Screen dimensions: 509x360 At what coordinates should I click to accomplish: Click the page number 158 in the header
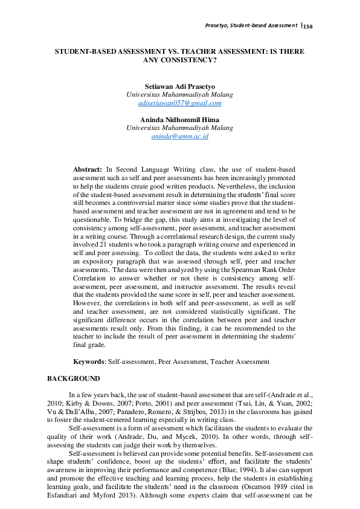(x=309, y=26)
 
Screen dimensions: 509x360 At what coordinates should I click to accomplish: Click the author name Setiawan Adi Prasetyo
(x=179, y=86)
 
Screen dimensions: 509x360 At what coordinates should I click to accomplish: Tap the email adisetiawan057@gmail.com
(x=179, y=103)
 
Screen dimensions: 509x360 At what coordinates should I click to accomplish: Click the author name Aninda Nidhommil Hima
(x=179, y=120)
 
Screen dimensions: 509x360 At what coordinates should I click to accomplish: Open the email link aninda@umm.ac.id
(x=179, y=137)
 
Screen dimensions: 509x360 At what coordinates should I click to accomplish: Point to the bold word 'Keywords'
(x=89, y=361)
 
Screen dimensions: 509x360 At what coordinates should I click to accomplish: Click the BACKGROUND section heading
(x=74, y=378)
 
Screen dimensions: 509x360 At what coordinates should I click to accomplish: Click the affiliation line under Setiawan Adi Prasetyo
(x=179, y=95)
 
